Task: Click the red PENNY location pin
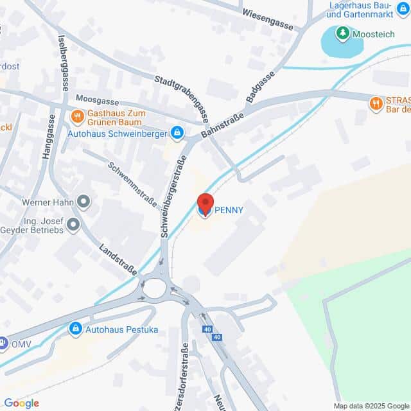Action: tap(205, 205)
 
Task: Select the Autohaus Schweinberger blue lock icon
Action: tap(177, 134)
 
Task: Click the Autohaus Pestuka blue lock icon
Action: tap(76, 329)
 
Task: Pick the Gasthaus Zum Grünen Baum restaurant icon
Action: tap(78, 116)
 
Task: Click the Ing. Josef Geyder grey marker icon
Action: tap(73, 225)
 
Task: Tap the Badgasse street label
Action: tap(259, 86)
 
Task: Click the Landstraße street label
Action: tap(118, 259)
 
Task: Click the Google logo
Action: tap(21, 403)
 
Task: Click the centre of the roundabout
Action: tap(154, 288)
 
